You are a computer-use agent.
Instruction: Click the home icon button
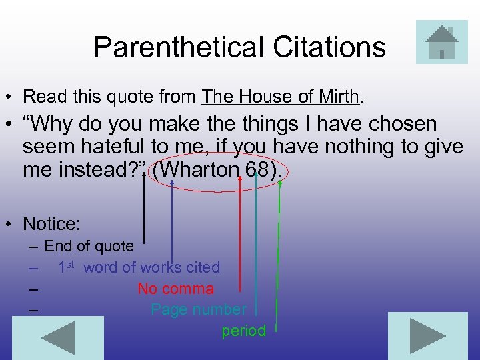pyautogui.click(x=441, y=41)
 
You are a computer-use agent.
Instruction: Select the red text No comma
pyautogui.click(x=176, y=289)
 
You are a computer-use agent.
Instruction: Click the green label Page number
pyautogui.click(x=199, y=309)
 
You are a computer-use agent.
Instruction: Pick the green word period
pyautogui.click(x=244, y=331)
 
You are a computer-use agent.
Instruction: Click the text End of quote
pyautogui.click(x=89, y=246)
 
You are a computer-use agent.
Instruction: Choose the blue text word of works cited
pyautogui.click(x=151, y=267)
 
